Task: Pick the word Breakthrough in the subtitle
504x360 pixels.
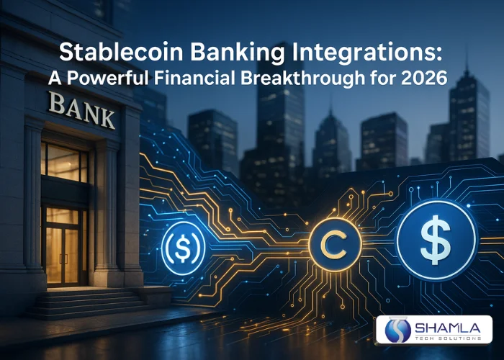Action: [309, 78]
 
